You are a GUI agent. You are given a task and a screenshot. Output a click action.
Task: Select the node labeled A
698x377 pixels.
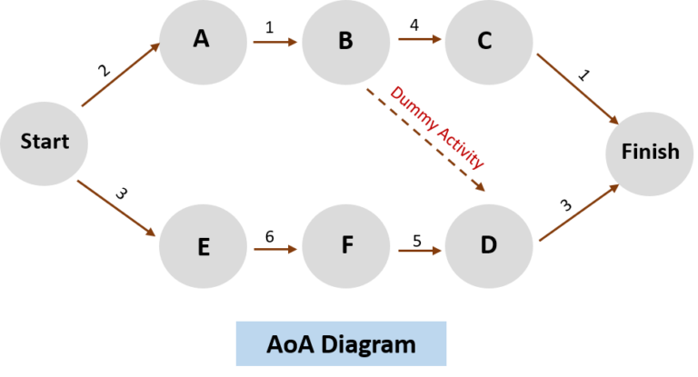point(202,42)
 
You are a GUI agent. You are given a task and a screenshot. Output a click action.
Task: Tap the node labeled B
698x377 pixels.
point(345,42)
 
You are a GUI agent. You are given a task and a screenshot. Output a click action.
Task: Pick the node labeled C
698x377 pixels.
point(484,42)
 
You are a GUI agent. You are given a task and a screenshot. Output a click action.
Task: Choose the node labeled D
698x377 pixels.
point(489,246)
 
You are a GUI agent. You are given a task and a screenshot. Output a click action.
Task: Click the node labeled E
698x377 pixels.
point(202,246)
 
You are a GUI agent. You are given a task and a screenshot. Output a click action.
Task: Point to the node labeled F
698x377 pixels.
point(345,246)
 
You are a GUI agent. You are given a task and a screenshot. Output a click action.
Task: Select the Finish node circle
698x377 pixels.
point(650,152)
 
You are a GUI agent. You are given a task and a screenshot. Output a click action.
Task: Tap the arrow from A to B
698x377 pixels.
point(274,42)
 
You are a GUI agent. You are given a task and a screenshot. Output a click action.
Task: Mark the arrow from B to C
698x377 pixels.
point(417,40)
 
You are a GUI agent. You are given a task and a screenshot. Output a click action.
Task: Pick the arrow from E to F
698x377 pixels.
point(274,247)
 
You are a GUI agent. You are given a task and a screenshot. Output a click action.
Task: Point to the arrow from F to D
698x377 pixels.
point(418,247)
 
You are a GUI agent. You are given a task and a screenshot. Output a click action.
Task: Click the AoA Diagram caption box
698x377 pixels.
point(341,344)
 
